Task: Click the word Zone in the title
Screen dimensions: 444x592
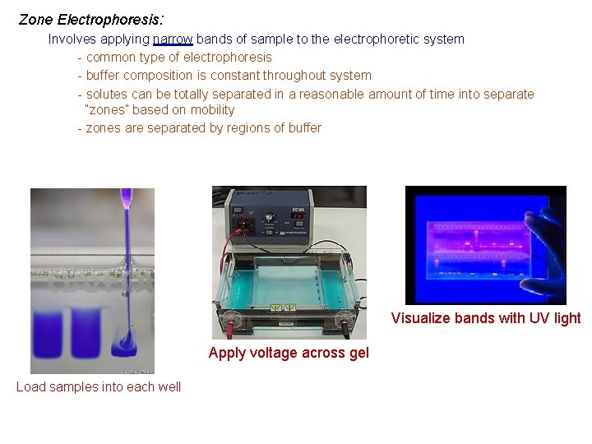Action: click(35, 19)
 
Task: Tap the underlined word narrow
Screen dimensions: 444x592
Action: click(173, 39)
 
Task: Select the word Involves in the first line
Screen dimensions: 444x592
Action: click(72, 39)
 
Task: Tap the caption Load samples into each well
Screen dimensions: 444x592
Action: click(99, 386)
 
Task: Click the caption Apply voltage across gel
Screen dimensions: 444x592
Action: click(289, 353)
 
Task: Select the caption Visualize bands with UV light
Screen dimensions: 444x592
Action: click(486, 318)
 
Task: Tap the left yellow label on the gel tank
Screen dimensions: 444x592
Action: click(276, 307)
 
